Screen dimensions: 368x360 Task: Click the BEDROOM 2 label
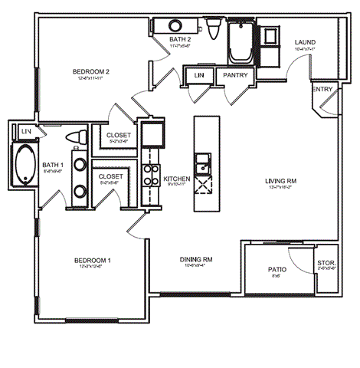[91, 72]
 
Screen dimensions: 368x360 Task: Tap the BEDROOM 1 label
[94, 261]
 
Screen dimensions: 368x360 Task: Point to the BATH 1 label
[53, 164]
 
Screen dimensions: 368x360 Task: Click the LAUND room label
[295, 42]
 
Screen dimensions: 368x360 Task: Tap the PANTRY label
[234, 76]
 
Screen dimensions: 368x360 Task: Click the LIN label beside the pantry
[199, 76]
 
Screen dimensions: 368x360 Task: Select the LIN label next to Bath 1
[26, 132]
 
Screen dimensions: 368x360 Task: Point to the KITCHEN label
[177, 179]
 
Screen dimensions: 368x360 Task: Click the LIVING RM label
[281, 181]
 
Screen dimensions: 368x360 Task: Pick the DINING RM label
[196, 260]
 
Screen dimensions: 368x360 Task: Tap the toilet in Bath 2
[212, 29]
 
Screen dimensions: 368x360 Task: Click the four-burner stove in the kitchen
[152, 176]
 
